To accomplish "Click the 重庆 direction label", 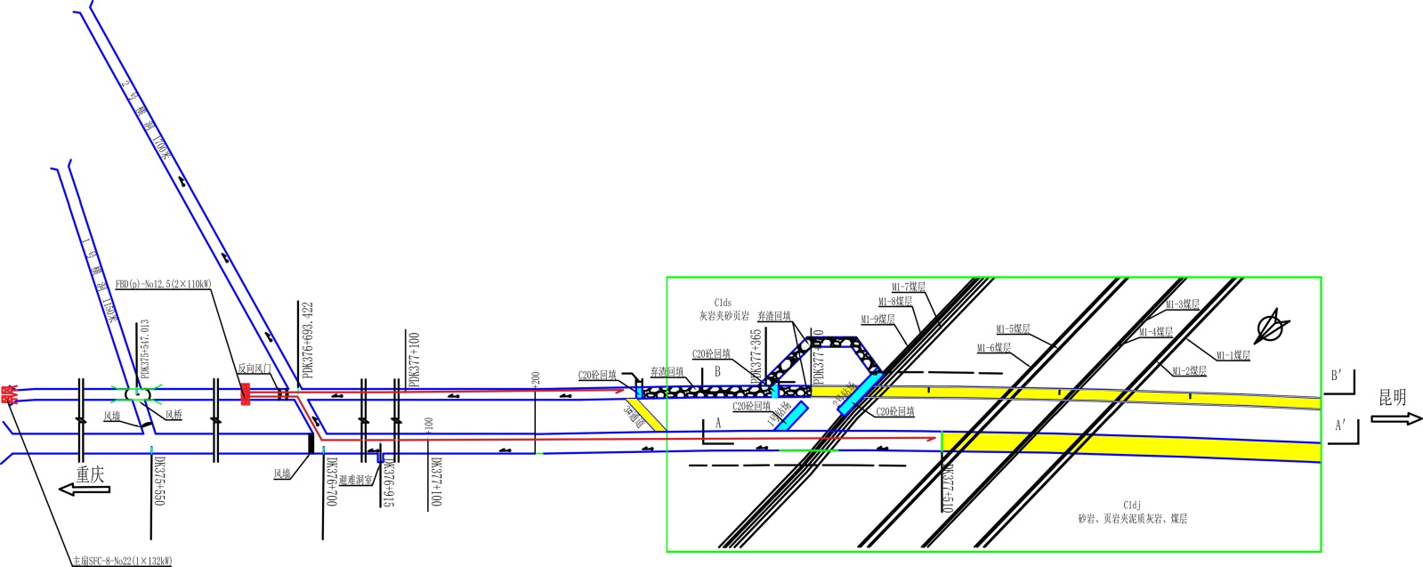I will click(x=90, y=474).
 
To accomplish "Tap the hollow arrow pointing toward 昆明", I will click(x=1396, y=417).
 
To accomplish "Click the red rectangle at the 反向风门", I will click(x=246, y=393).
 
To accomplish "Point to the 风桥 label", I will click(x=173, y=415).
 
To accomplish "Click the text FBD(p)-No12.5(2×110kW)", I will click(x=163, y=285).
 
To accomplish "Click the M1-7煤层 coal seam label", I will click(x=909, y=288).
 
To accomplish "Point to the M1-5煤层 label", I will click(x=1013, y=329).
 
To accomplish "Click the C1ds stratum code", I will click(x=723, y=304).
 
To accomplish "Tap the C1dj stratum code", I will click(x=1132, y=506).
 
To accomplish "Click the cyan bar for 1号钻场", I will click(x=791, y=416).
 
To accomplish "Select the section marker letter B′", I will click(x=1337, y=376).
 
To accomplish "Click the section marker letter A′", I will click(x=1340, y=426).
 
